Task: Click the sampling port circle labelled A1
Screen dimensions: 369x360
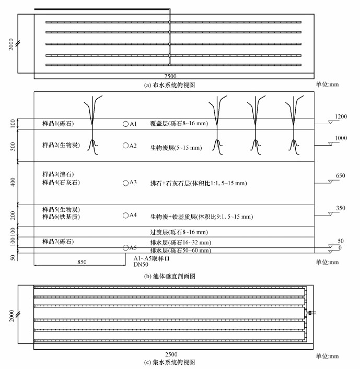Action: tap(125, 124)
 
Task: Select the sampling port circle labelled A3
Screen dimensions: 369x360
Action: tap(125, 183)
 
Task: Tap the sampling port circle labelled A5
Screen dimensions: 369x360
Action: tap(125, 247)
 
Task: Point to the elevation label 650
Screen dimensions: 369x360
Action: tap(340, 176)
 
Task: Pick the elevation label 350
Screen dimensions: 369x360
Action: tap(340, 208)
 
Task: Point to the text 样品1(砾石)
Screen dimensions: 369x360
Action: tap(58, 124)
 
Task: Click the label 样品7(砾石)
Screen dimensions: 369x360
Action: tap(58, 242)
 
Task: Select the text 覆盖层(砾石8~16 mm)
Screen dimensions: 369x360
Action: tap(181, 124)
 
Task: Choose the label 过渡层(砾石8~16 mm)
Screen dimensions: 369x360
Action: tap(179, 232)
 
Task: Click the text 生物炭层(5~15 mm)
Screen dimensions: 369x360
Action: tap(176, 148)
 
